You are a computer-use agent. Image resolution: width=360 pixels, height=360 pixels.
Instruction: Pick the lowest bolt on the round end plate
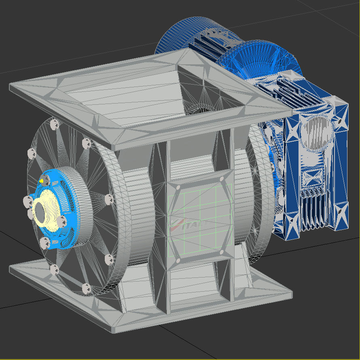(x=86, y=288)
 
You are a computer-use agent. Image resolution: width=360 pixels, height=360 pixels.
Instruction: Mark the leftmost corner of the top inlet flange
(x=11, y=86)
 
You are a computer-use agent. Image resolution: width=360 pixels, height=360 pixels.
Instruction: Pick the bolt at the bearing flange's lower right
(x=62, y=221)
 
